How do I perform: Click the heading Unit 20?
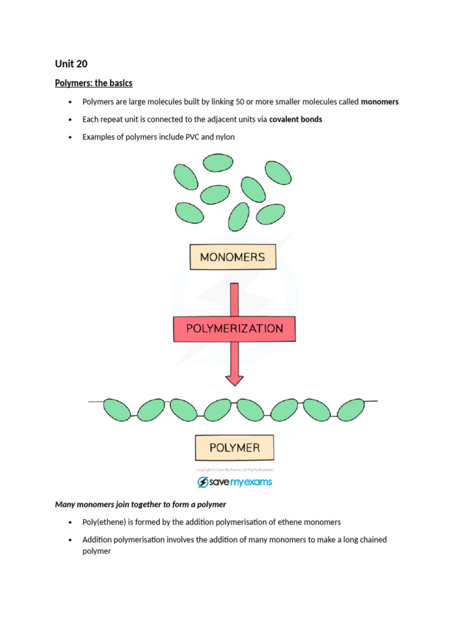coord(71,64)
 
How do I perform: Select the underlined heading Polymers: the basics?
coord(94,83)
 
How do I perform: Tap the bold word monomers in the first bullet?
coord(380,102)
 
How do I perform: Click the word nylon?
coord(223,137)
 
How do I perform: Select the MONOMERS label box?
coord(233,257)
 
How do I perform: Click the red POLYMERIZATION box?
coord(235,329)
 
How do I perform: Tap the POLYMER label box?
coord(235,448)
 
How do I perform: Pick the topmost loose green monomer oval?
coord(218,162)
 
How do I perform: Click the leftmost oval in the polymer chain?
coord(117,409)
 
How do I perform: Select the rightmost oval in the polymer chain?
coord(351,409)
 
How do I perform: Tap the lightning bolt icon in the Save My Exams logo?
coord(203,482)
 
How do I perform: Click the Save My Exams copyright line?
coord(235,470)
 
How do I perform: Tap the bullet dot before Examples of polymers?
coord(71,137)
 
